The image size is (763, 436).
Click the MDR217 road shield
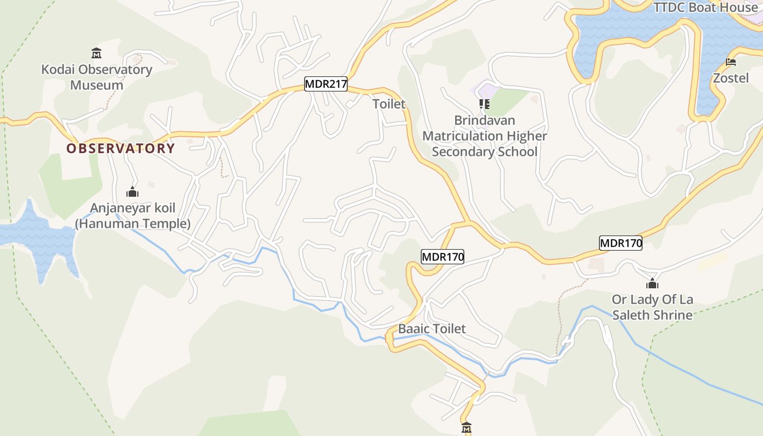click(325, 84)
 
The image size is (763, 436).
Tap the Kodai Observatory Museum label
click(96, 77)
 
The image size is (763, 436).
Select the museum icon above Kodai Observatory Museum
click(96, 53)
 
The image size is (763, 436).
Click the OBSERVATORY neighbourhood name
click(120, 148)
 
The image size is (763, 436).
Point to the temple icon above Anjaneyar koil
click(132, 192)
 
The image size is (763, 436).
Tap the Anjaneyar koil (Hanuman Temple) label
click(132, 216)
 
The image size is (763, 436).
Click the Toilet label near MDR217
click(389, 104)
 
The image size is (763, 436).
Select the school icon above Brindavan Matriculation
click(484, 104)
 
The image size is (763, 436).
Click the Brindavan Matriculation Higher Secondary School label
click(485, 136)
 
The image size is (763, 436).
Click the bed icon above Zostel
click(731, 62)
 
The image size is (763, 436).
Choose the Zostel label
click(731, 78)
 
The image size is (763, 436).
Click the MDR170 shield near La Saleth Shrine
click(620, 243)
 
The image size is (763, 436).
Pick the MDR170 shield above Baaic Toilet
click(442, 257)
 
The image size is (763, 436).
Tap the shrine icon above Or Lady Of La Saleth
click(652, 283)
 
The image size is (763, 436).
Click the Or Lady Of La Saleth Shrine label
click(652, 307)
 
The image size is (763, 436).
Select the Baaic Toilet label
click(432, 329)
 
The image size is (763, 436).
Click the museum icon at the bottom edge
click(466, 428)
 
